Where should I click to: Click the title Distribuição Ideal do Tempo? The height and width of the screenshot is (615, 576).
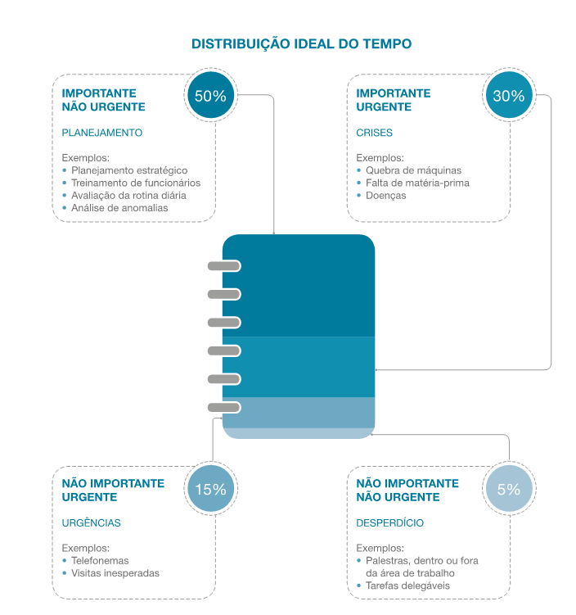[301, 43]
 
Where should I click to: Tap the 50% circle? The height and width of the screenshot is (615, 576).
[210, 96]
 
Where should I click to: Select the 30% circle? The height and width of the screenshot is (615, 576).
[508, 96]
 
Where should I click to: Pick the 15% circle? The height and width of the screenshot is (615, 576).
[210, 490]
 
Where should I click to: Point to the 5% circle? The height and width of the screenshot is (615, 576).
[508, 490]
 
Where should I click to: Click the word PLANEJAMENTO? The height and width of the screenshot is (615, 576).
[102, 133]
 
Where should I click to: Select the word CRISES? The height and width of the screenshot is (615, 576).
[375, 133]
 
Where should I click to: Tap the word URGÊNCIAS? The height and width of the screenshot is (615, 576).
[92, 522]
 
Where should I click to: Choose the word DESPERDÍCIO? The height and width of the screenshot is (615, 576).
[390, 522]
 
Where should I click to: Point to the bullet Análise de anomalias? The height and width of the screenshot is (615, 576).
[119, 208]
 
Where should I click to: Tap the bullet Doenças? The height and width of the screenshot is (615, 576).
[386, 196]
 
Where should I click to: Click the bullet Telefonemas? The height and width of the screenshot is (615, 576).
[101, 561]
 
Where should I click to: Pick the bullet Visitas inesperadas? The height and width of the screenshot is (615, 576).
[115, 573]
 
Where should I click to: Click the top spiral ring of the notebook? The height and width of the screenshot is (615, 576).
[223, 265]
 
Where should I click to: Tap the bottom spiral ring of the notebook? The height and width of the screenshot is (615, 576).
[223, 407]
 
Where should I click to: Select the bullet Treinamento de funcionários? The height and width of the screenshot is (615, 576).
[136, 183]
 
